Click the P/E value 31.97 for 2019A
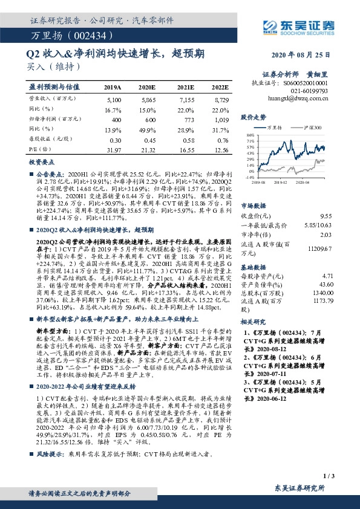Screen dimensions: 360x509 point(113,149)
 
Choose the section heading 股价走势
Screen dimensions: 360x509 point(254,117)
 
